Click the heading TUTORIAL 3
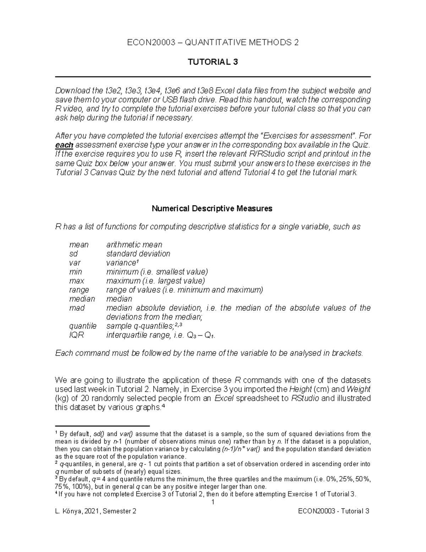213,62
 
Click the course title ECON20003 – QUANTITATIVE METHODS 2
213,43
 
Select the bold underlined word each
64,145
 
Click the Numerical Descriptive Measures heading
212,209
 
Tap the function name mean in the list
78,245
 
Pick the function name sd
73,254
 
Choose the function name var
75,263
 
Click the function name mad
77,308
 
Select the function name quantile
83,326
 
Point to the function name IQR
76,335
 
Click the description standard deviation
138,254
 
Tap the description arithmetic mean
134,245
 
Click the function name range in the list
79,290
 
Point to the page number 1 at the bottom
213,502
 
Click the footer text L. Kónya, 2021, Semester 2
95,511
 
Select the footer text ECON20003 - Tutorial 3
334,511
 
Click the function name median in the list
82,299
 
